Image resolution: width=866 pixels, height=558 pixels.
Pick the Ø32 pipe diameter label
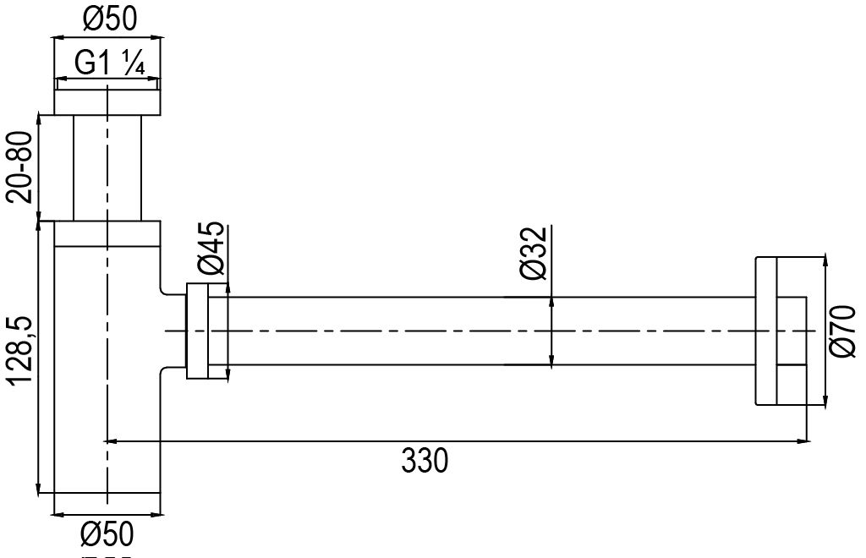pos(535,255)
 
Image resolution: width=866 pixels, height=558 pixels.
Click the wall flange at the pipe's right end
pos(778,331)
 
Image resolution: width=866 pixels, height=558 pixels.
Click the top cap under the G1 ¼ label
pos(107,101)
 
